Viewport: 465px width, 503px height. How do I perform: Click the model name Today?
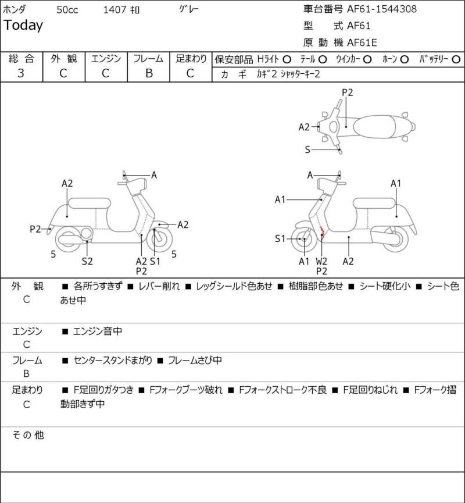coord(23,26)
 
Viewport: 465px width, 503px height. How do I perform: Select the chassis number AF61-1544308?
coord(382,9)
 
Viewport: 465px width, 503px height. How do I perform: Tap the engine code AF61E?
coord(362,42)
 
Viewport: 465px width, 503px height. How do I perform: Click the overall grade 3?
coord(21,73)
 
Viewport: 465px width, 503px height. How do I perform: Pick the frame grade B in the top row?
coord(149,73)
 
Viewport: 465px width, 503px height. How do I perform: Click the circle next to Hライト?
coord(287,59)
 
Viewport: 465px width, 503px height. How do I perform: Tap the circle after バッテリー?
coord(456,59)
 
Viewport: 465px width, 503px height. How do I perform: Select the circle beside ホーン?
coord(404,59)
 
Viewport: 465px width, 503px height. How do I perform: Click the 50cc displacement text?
coord(67,10)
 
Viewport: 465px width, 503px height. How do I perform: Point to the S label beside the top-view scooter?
coord(307,149)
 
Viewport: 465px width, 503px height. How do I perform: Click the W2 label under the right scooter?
coord(321,261)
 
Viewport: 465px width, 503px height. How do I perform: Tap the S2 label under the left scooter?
coord(87,261)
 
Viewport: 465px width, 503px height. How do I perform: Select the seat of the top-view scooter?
coord(374,127)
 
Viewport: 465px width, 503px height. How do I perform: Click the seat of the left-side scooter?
coord(90,204)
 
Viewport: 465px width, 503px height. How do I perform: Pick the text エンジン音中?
coord(98,331)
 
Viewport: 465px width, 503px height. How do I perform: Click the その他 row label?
coord(28,435)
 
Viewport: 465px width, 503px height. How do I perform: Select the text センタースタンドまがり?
coord(113,361)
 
